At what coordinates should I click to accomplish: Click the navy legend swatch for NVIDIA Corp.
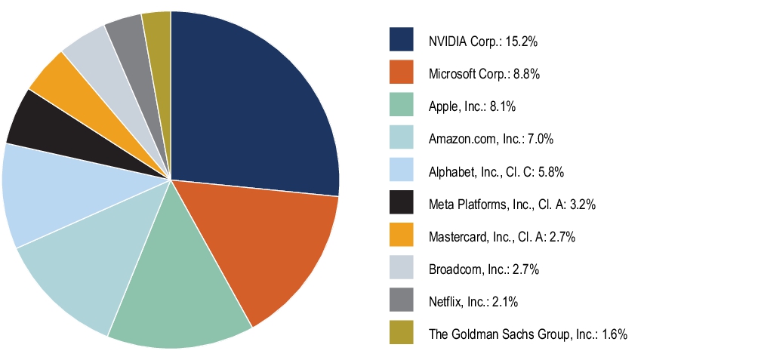point(401,40)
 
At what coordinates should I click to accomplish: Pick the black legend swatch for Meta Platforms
point(401,203)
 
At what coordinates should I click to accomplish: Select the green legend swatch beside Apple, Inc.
point(401,106)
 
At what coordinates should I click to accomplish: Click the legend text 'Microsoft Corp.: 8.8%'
point(483,74)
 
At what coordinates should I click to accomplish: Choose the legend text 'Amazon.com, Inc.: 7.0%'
point(491,139)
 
